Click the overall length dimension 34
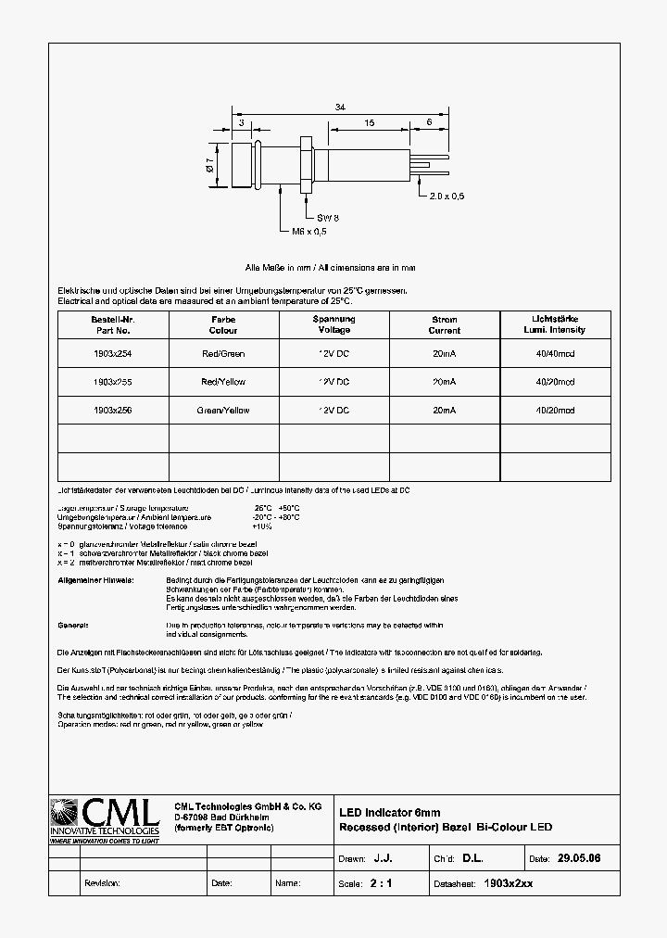[x=340, y=108]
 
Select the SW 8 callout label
[x=315, y=217]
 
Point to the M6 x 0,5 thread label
[x=309, y=231]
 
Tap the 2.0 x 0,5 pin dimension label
[x=447, y=196]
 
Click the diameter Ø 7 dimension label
[x=210, y=166]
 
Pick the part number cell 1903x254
[x=113, y=354]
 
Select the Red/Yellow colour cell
[x=223, y=382]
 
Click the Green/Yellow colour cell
[x=223, y=410]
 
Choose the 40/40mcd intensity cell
[x=555, y=354]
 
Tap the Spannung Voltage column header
[x=334, y=324]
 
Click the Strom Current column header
[x=445, y=324]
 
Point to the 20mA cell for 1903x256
[x=445, y=410]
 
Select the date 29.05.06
[x=579, y=859]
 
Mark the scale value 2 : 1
[x=381, y=884]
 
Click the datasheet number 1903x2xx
[x=509, y=884]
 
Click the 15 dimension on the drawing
[x=369, y=122]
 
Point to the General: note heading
[x=72, y=626]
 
